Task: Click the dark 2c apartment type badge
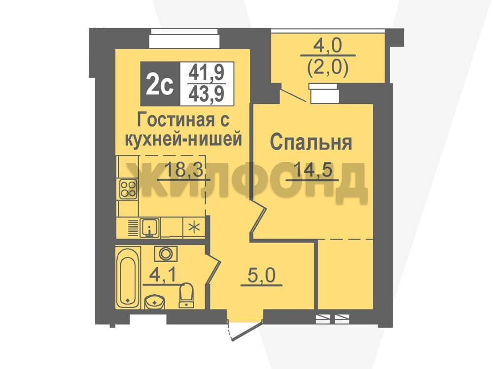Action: (x=160, y=84)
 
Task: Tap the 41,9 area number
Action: (x=207, y=73)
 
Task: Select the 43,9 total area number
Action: (x=207, y=94)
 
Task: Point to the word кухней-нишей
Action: (x=183, y=139)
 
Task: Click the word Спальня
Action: (x=311, y=143)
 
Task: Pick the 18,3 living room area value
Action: (x=184, y=170)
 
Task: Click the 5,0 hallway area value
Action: (x=261, y=276)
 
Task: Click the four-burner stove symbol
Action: (x=128, y=189)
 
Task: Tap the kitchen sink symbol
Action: (x=150, y=228)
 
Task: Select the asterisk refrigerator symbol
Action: (x=194, y=227)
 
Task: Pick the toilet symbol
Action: (x=186, y=295)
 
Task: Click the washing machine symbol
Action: (x=165, y=254)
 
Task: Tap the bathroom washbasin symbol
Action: (x=154, y=302)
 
